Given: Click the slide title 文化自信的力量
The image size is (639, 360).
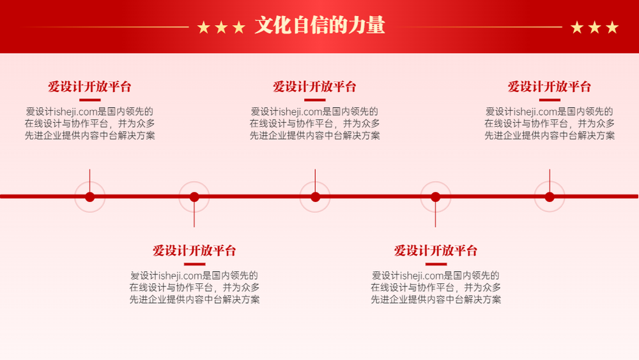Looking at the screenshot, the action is click(x=320, y=26).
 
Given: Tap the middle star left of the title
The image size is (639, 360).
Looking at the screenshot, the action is click(x=221, y=27).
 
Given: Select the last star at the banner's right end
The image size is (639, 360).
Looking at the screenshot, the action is click(x=612, y=27).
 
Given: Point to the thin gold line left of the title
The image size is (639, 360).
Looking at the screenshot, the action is click(x=106, y=27).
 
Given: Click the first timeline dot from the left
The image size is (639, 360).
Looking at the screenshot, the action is click(x=89, y=197).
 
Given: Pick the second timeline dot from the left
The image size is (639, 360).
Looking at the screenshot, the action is click(x=194, y=197).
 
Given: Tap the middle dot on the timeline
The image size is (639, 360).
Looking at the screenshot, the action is click(x=315, y=197).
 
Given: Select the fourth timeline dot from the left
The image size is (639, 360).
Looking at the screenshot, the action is click(x=436, y=197).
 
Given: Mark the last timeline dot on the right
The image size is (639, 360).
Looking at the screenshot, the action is click(x=550, y=197).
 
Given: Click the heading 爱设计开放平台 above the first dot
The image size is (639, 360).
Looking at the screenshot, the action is click(x=89, y=86).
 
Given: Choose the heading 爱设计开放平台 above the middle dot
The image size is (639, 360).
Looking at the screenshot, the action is click(x=314, y=86).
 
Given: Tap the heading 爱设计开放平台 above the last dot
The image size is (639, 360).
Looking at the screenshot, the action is click(x=550, y=86).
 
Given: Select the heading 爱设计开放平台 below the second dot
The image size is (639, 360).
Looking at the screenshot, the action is click(x=194, y=250).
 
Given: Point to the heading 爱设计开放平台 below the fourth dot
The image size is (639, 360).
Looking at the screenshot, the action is click(x=436, y=250).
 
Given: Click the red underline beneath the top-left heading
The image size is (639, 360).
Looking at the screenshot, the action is click(x=89, y=100).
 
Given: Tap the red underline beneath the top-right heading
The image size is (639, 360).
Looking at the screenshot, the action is click(x=550, y=100).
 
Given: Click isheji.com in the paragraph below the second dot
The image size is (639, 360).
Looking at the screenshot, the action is click(x=181, y=276).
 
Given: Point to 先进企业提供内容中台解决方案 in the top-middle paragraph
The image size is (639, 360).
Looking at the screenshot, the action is click(x=314, y=136).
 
